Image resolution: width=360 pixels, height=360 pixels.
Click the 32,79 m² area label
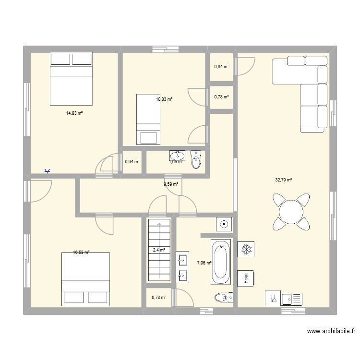pos(284,180)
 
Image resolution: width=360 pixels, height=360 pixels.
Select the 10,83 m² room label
pos(164,99)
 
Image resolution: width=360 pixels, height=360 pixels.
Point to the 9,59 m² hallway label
pos(170,184)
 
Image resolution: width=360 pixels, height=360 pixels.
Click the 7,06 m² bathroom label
pos(204,263)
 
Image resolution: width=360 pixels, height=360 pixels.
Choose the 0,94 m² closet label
pos(221,67)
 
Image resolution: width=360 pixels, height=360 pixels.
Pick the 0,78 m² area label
pos(221,97)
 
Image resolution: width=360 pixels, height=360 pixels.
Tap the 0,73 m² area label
pos(159,298)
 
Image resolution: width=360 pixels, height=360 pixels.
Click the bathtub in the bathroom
pos(221,262)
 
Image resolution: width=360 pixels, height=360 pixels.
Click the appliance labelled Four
pos(246,279)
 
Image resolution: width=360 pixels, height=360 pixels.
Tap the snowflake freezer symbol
pos(246,250)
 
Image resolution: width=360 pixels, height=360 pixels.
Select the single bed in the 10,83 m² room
pos(148,119)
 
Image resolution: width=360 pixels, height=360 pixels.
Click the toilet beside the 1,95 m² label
pos(196,159)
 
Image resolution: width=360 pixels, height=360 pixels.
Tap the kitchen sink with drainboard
pos(291,299)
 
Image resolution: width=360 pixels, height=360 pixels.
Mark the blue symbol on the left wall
pos(47,171)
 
